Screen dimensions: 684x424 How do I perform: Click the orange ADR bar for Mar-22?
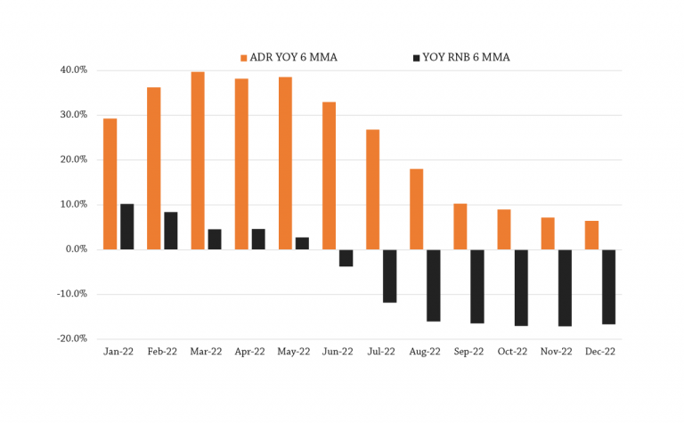tap(198, 160)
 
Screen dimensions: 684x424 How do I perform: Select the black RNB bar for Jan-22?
tap(127, 227)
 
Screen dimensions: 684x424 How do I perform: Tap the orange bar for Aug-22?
tap(416, 209)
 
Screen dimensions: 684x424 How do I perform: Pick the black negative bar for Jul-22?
tap(389, 276)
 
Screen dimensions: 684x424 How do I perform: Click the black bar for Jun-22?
tap(346, 258)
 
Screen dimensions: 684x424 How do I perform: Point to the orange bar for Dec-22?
tap(591, 235)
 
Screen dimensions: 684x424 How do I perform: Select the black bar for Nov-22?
tap(565, 288)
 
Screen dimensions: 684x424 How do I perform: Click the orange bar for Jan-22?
tap(110, 184)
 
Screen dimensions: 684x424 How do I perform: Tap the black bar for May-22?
tap(302, 243)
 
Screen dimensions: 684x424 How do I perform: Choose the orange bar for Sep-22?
tap(460, 227)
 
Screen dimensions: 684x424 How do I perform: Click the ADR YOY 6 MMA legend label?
tap(293, 57)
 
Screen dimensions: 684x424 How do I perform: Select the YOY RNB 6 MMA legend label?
tap(466, 57)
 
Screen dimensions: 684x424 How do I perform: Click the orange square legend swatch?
tap(244, 58)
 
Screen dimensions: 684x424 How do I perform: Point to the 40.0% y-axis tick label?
tap(74, 69)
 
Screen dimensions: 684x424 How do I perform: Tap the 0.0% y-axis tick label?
tap(77, 249)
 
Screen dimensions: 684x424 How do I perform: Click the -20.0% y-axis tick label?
tap(72, 338)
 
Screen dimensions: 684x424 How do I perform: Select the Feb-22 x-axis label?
tap(162, 352)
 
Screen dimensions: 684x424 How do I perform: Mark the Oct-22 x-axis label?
tap(513, 352)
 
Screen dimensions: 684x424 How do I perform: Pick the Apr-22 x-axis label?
tap(250, 352)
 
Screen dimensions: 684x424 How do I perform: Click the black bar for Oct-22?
tap(521, 288)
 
